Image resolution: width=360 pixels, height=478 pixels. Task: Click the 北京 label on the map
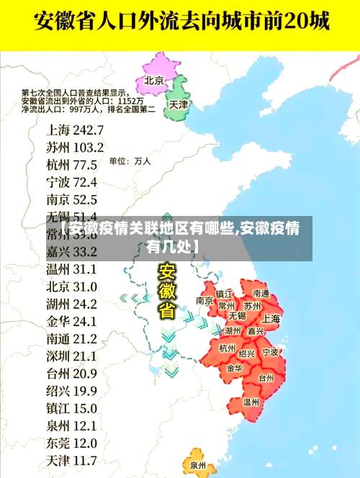(x=155, y=80)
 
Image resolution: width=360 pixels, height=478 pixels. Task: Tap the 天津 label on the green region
(x=178, y=104)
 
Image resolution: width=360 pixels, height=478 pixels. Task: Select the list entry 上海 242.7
(x=75, y=130)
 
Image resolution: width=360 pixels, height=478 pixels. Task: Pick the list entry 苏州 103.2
(x=75, y=147)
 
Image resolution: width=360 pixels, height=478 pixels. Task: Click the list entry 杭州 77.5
(x=71, y=164)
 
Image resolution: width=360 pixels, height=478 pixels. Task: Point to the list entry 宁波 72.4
(x=71, y=181)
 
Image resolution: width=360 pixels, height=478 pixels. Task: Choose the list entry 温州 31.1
(x=71, y=269)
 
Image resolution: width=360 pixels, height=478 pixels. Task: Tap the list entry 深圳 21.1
(x=71, y=356)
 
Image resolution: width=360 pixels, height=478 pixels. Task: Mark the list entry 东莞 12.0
(x=71, y=443)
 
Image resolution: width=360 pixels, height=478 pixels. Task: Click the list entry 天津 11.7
(x=71, y=460)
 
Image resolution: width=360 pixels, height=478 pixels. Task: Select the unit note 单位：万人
(x=130, y=161)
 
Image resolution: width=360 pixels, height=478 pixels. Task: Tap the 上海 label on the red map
(x=271, y=318)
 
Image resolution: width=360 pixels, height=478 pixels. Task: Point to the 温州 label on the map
(x=251, y=402)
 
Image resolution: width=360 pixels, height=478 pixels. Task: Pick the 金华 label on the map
(x=234, y=368)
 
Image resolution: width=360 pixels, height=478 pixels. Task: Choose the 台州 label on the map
(x=266, y=377)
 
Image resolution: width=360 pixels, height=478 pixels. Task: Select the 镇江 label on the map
(x=225, y=294)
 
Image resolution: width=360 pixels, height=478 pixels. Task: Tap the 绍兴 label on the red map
(x=246, y=354)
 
